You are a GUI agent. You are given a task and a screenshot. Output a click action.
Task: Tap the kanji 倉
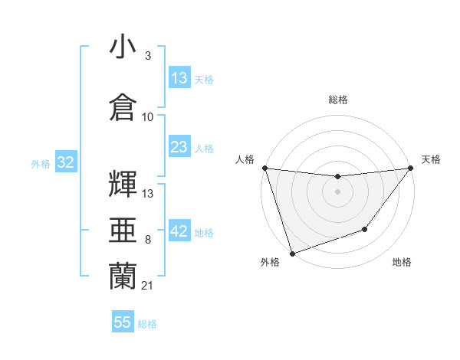point(123,106)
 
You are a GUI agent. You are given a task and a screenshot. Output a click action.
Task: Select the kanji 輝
point(123,182)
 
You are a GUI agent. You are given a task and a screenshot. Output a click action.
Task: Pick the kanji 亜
point(123,229)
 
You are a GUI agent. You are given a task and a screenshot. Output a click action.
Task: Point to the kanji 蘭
point(123,274)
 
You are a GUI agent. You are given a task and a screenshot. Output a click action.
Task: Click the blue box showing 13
point(179,78)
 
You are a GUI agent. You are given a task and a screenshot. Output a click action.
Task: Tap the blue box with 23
point(179,147)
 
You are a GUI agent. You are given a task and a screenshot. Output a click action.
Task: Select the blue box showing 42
point(179,232)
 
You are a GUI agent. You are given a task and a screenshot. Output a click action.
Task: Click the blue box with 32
point(65,162)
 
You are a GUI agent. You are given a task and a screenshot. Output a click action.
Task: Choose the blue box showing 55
point(123,322)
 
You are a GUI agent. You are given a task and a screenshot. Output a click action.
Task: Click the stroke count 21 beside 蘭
point(148,286)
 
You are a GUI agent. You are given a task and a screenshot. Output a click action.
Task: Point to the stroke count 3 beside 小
point(147,56)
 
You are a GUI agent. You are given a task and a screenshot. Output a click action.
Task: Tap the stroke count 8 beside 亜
point(147,240)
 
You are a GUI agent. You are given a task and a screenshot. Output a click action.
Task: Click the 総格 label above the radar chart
point(337,100)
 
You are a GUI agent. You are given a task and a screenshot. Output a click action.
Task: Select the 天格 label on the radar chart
point(432,159)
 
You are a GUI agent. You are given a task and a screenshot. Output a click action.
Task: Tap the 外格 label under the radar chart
point(270,263)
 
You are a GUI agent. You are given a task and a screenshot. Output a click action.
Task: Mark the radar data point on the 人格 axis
point(264,168)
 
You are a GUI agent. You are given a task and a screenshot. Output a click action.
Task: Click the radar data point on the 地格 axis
point(365,229)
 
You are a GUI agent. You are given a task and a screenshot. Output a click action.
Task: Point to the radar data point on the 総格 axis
point(337,177)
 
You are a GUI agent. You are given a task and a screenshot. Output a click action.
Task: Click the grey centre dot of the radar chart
point(337,191)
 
